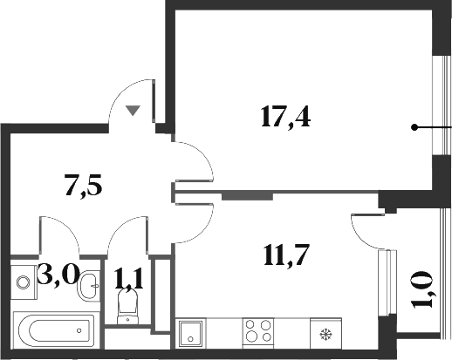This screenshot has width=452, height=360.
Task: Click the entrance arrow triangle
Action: [x=132, y=110]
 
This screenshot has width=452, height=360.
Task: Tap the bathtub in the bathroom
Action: [x=51, y=329]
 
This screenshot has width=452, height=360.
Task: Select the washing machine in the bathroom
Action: [x=24, y=282]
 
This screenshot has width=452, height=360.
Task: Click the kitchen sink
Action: [x=190, y=332]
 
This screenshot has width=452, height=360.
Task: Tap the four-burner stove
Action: [x=257, y=332]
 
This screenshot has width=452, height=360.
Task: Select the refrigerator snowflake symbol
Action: [x=326, y=332]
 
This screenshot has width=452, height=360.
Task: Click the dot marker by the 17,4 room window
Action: [x=414, y=127]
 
